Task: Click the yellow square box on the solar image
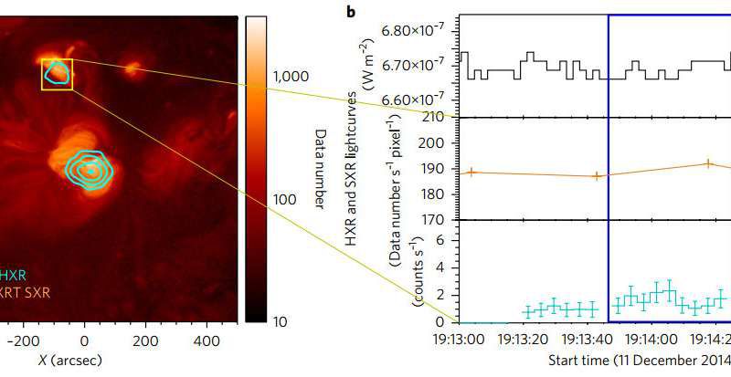coord(57,74)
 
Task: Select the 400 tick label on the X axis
coord(197,340)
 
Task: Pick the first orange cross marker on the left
coord(470,172)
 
